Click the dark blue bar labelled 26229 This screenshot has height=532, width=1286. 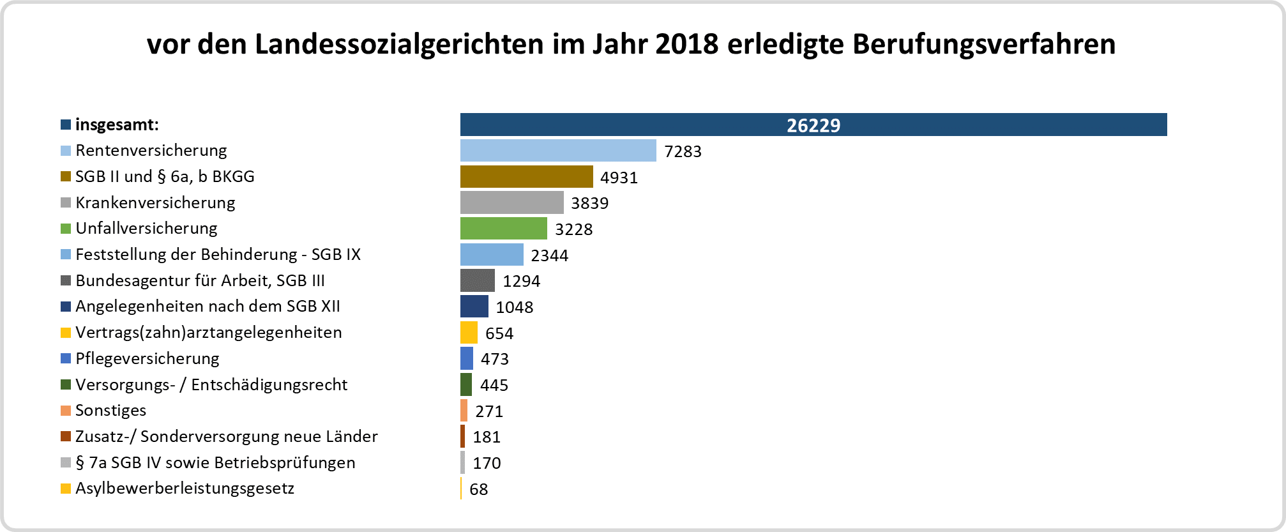tap(813, 125)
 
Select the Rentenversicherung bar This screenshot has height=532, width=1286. tap(558, 151)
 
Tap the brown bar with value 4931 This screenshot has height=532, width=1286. tap(526, 177)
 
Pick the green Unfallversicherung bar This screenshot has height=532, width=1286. tap(503, 229)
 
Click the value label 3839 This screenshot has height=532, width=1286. tap(589, 203)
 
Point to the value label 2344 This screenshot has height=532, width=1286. tap(549, 255)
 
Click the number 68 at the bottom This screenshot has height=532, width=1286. tap(478, 489)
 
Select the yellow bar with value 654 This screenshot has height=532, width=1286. tap(469, 333)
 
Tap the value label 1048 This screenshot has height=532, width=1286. tap(514, 307)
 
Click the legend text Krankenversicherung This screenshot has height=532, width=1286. tap(155, 203)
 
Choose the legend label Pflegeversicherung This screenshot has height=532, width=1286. tap(147, 359)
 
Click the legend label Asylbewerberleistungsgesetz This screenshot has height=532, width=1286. tap(185, 489)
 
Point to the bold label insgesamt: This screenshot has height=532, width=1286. tap(117, 125)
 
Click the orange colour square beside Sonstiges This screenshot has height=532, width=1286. tap(66, 411)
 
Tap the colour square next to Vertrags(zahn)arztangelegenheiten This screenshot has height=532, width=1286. tap(66, 333)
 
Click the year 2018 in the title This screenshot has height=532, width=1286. tap(686, 44)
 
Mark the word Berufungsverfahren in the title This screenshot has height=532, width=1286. tap(984, 44)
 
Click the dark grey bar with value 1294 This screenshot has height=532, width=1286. tap(477, 281)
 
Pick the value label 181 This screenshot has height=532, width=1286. tap(487, 437)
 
